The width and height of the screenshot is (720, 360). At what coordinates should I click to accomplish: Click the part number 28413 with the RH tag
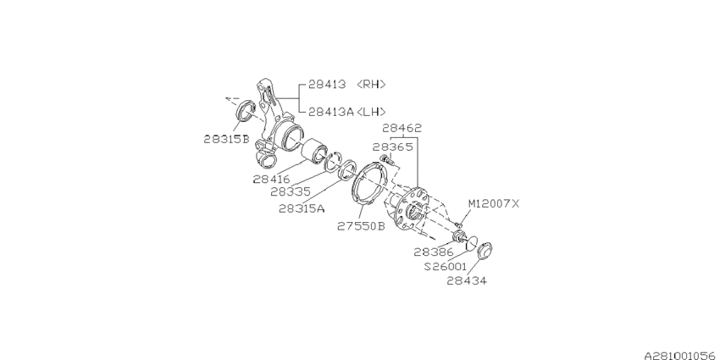(x=327, y=84)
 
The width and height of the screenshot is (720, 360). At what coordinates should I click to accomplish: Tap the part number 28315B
(x=226, y=138)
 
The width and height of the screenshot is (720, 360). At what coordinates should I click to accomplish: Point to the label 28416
(x=271, y=179)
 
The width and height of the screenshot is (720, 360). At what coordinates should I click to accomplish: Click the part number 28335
(x=291, y=191)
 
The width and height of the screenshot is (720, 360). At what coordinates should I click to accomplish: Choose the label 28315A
(x=301, y=208)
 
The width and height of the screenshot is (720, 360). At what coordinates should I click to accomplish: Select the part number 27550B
(x=360, y=226)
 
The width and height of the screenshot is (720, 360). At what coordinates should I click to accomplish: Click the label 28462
(x=402, y=129)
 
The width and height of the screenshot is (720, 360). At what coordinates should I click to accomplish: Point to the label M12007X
(x=495, y=203)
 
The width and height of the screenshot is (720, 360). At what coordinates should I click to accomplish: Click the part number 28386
(x=434, y=252)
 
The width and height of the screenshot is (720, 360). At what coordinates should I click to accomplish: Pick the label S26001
(x=446, y=265)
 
